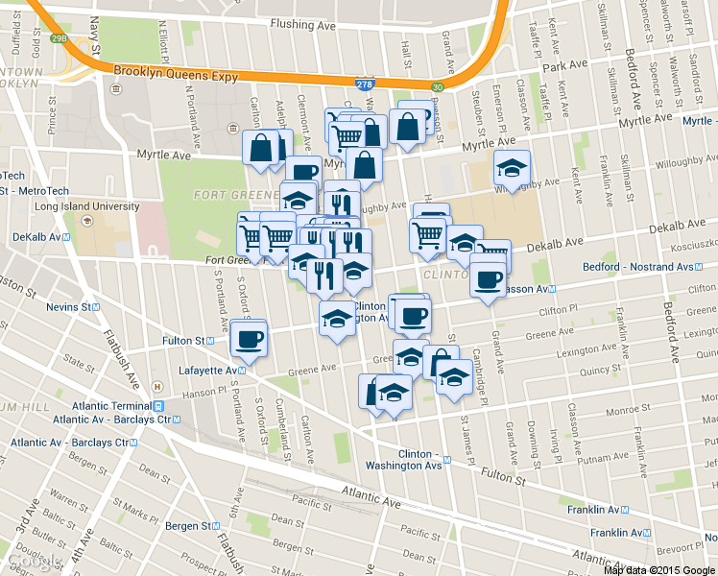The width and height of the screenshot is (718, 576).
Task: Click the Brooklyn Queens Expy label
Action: coord(176,71)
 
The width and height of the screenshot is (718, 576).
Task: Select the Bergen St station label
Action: coord(187,526)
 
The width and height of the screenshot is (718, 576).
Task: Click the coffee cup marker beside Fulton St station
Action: coord(251,339)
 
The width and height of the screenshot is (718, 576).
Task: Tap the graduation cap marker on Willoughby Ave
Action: coord(512,168)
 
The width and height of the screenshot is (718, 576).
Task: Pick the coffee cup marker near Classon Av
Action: coord(489,280)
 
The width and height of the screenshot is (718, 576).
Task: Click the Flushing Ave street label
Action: coord(305,23)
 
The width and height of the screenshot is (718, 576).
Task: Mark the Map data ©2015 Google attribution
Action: coord(659,570)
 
